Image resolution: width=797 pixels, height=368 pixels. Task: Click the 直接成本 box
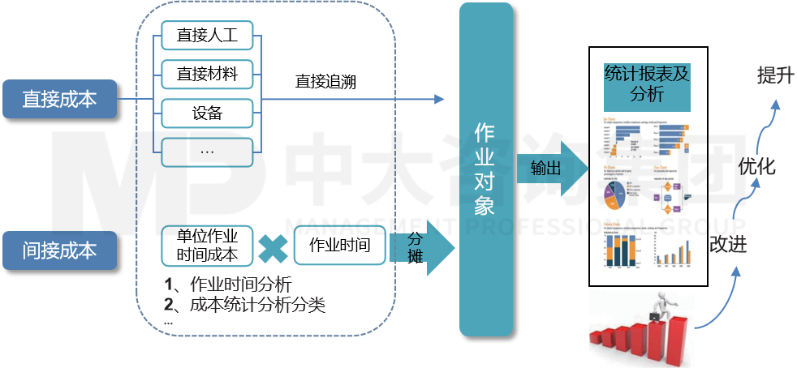[x=59, y=99]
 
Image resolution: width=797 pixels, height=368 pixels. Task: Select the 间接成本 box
[x=59, y=250]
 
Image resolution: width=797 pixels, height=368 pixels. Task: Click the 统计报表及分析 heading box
[x=647, y=84]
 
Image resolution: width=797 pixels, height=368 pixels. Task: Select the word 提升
[x=774, y=76]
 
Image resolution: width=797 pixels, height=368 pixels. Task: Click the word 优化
[x=756, y=167]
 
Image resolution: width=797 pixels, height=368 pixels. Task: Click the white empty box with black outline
[x=325, y=82]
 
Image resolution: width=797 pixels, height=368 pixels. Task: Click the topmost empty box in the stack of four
[x=207, y=36]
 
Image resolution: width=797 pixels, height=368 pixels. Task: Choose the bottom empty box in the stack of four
[x=207, y=152]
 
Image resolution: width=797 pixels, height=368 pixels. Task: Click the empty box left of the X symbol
[x=207, y=245]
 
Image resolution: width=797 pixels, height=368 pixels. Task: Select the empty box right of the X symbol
[x=339, y=245]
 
